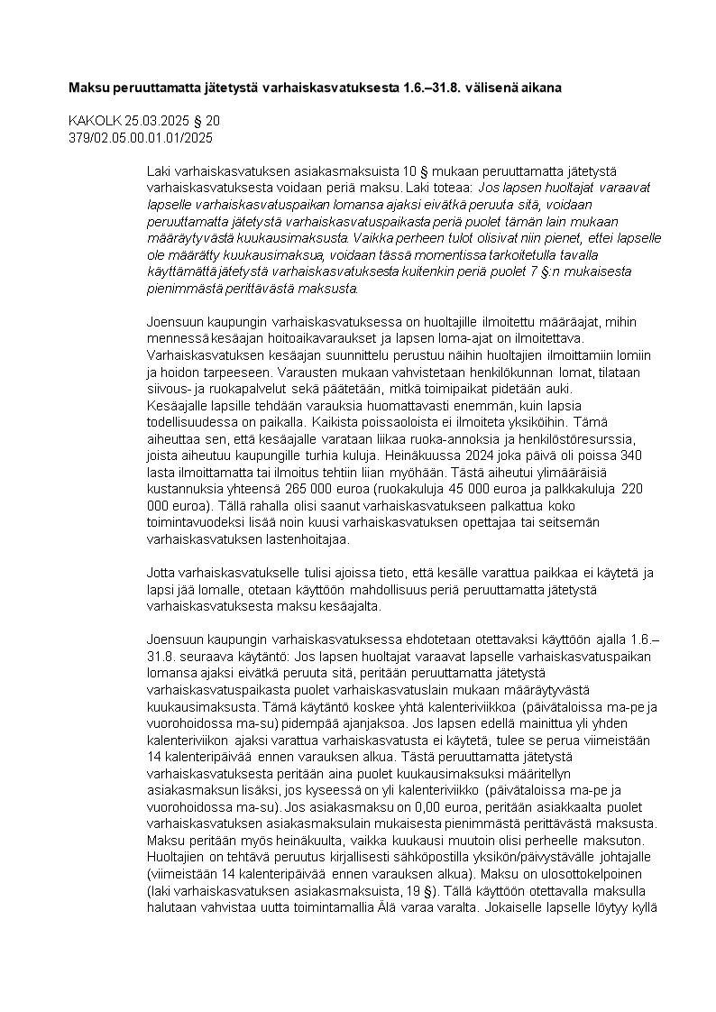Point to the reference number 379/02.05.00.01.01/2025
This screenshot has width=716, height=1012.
click(x=141, y=137)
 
